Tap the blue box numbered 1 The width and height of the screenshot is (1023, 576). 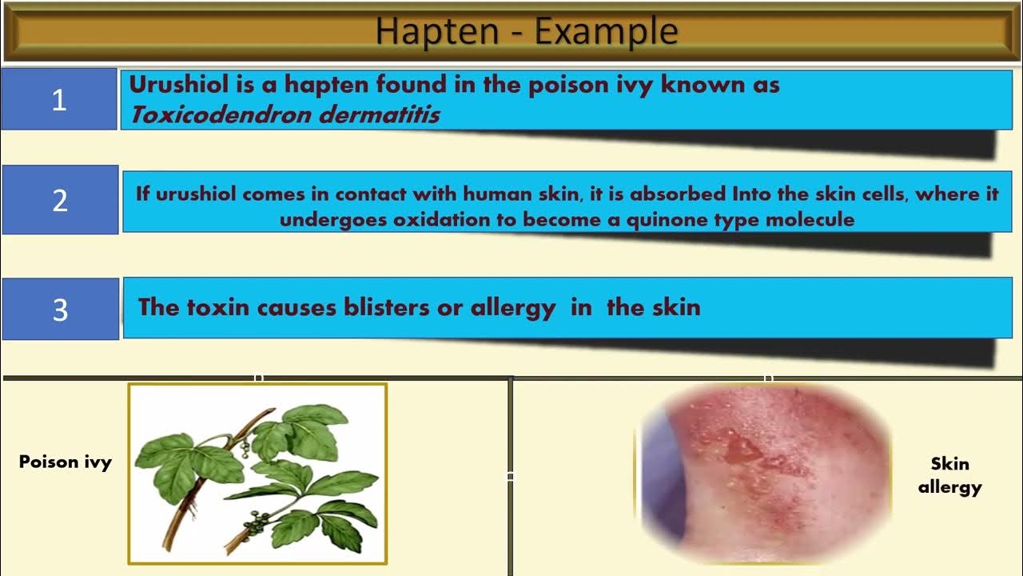tap(59, 99)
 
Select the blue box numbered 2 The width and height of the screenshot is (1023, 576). tap(60, 200)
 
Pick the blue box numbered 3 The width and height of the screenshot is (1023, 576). tap(60, 310)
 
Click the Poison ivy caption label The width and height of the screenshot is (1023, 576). tap(66, 462)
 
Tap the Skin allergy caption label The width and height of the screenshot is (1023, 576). tap(949, 475)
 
